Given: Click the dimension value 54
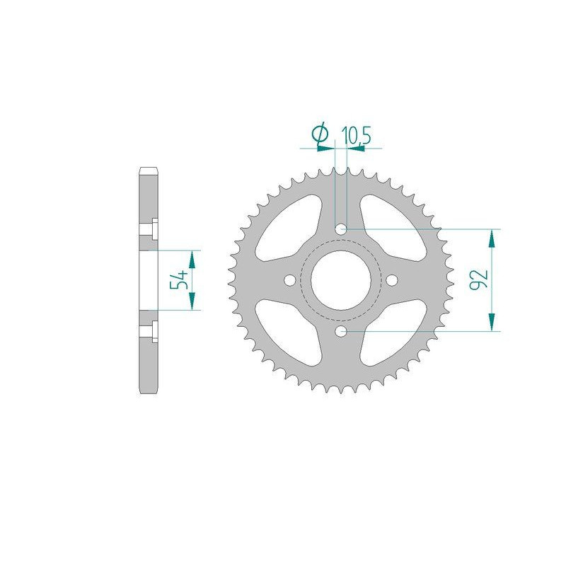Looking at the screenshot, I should [x=180, y=280].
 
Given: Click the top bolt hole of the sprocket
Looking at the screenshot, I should [x=340, y=229].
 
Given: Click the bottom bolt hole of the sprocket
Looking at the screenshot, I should [x=340, y=330].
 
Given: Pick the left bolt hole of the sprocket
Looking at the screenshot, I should [x=289, y=279].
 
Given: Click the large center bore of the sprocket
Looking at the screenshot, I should [x=340, y=279].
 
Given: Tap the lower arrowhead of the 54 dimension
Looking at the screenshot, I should [x=192, y=301].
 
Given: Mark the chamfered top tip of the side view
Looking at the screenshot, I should [x=148, y=169].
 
